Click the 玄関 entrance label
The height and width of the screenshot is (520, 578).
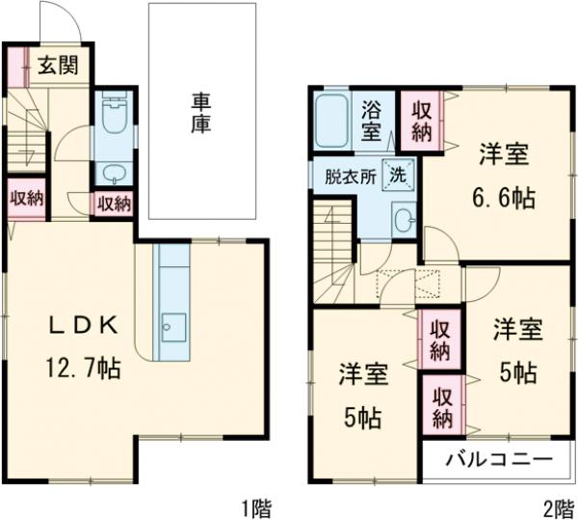(59, 67)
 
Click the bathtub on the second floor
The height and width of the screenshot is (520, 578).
(332, 122)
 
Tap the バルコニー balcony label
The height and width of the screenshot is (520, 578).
(497, 459)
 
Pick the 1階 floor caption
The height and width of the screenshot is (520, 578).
(256, 506)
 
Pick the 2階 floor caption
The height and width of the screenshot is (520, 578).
(556, 506)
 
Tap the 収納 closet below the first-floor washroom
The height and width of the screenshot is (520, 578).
(114, 203)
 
